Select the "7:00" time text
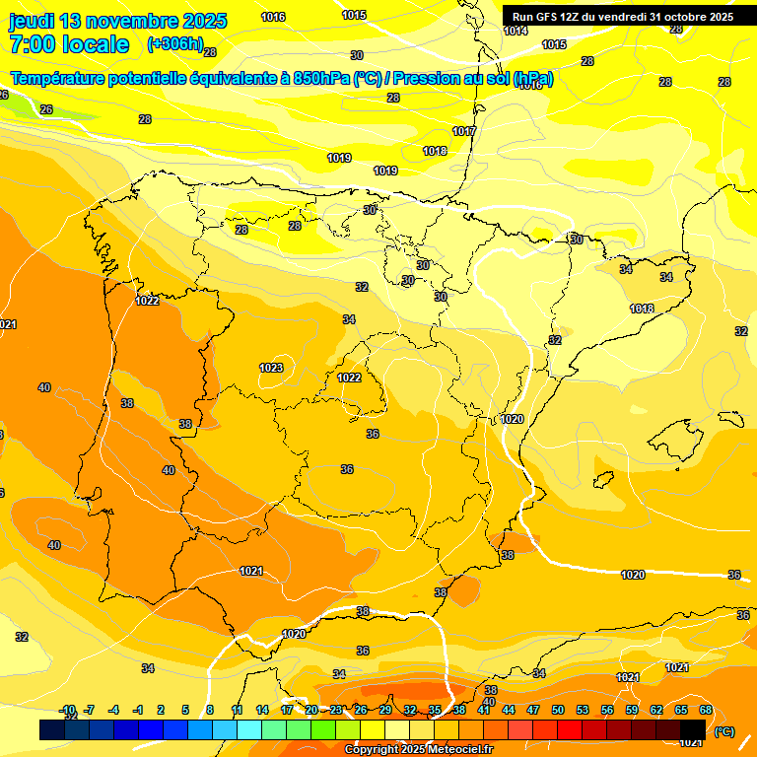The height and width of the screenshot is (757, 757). coord(32,44)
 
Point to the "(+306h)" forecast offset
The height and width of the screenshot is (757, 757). coord(174,44)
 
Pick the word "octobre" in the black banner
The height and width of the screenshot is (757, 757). coord(681,17)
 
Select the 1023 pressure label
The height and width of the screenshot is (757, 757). coord(271,368)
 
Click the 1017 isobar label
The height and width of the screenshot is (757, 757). coord(463,131)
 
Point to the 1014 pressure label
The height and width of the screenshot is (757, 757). coord(515,31)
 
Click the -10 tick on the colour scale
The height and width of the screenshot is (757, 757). coord(67,710)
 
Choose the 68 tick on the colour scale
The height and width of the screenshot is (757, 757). coord(706,710)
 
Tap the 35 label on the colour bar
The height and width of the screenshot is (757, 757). coord(435,710)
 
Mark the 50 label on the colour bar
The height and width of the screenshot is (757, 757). coord(558,710)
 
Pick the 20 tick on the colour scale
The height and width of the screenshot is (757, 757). coord(311,710)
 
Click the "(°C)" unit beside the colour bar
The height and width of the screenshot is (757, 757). coord(724,731)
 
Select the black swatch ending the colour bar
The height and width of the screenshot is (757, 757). coord(693,729)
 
